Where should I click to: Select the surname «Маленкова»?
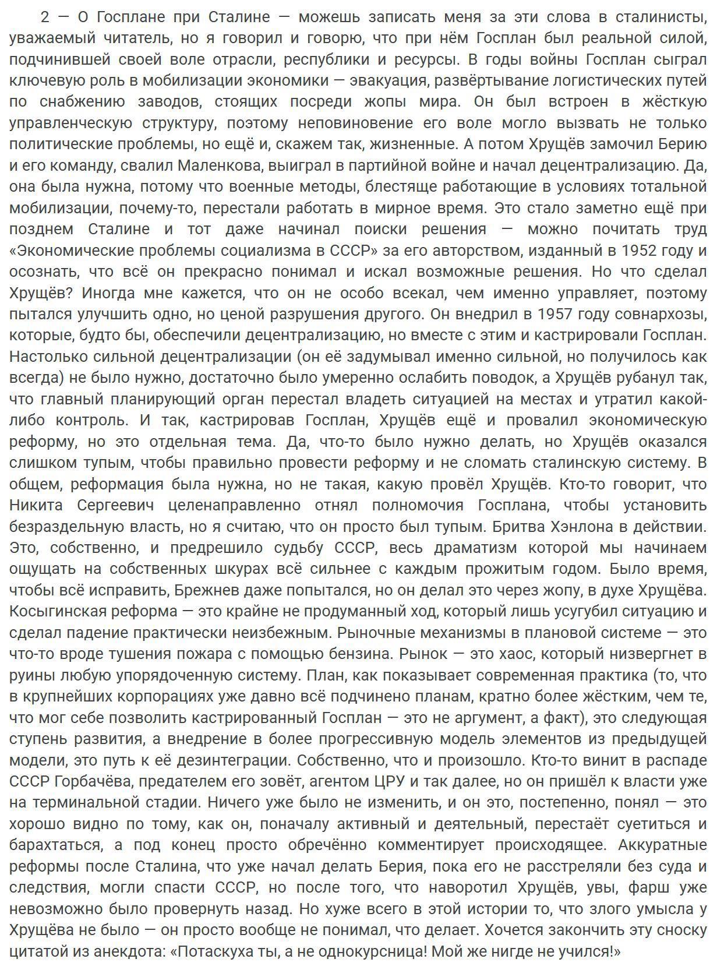[220, 165]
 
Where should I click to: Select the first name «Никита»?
[36, 505]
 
